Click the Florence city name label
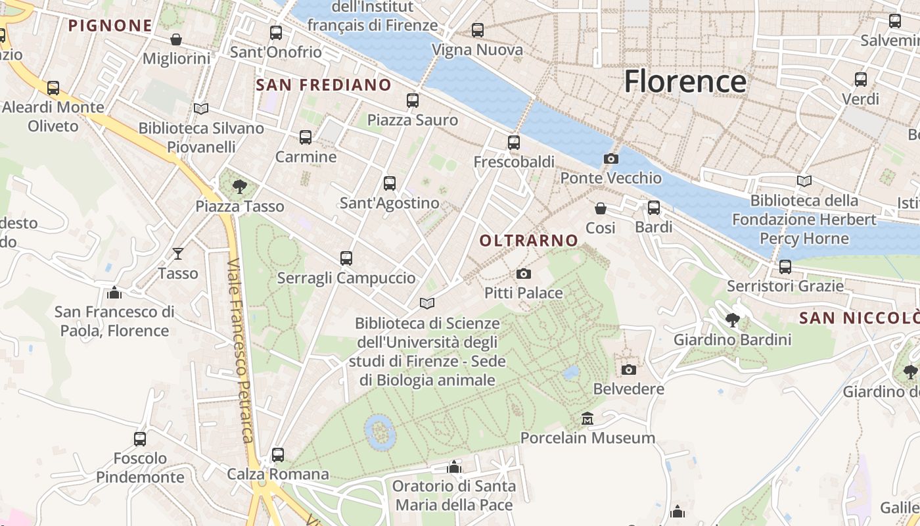point(685,81)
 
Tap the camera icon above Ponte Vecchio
point(610,158)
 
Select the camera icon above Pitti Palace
point(524,274)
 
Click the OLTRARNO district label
point(528,241)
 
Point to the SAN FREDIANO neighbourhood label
point(323,85)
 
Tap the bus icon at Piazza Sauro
point(413,101)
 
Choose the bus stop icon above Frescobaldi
point(514,142)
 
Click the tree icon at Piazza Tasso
point(240,187)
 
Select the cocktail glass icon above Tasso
point(178,253)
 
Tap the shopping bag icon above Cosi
point(601,208)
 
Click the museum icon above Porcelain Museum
point(587,418)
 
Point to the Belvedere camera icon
point(629,370)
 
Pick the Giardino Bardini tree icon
point(732,320)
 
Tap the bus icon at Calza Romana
point(278,454)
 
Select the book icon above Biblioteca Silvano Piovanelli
point(201,108)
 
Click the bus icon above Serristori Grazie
point(785,267)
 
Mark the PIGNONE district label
point(110,26)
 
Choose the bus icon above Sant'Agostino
point(390,183)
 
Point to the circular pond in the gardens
point(380,431)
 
